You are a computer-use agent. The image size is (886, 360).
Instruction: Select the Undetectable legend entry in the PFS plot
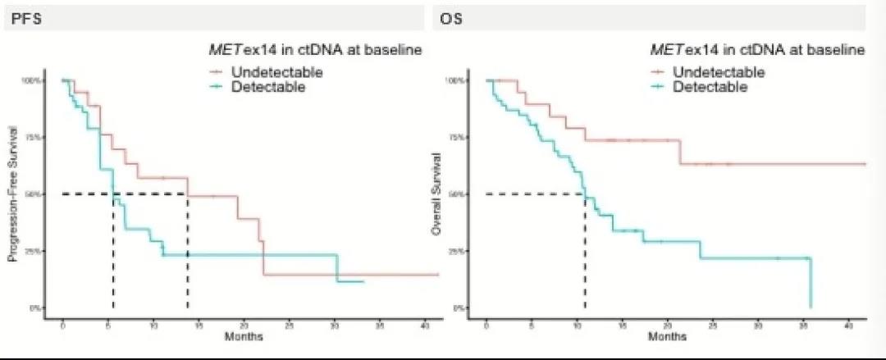[265, 72]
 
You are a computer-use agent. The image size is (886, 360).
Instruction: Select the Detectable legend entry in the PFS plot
[259, 86]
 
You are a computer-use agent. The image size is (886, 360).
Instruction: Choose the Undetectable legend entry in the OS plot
[707, 72]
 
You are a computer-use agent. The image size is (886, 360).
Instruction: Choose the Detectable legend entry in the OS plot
[701, 86]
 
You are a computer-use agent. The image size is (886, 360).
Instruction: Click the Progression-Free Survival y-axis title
[13, 194]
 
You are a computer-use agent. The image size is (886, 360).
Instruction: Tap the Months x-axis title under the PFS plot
[242, 336]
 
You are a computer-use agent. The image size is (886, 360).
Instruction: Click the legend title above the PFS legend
[315, 51]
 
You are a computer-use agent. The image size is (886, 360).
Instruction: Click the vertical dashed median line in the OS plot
[585, 254]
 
